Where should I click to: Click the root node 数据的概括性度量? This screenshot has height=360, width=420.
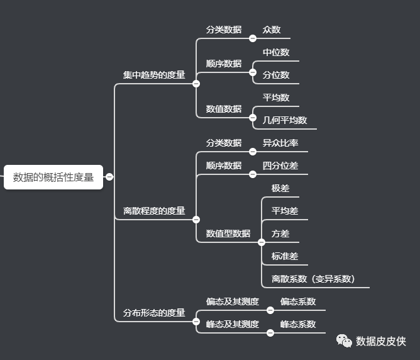pyautogui.click(x=53, y=177)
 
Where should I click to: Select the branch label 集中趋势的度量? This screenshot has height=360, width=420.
pyautogui.click(x=154, y=75)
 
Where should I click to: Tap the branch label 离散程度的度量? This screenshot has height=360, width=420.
pyautogui.click(x=154, y=211)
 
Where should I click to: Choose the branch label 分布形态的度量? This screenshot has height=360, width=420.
pyautogui.click(x=154, y=313)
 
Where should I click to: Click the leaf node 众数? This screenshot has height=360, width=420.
pyautogui.click(x=272, y=30)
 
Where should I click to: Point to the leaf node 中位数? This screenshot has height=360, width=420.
pyautogui.click(x=276, y=52)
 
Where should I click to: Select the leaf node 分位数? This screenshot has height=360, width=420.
pyautogui.click(x=276, y=75)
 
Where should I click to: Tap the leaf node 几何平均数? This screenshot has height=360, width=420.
pyautogui.click(x=285, y=120)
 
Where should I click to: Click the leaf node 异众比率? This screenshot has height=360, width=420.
pyautogui.click(x=280, y=143)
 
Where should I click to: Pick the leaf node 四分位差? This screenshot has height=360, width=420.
pyautogui.click(x=280, y=166)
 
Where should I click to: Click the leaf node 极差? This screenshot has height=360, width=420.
pyautogui.click(x=280, y=188)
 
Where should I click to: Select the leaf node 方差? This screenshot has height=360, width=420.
pyautogui.click(x=280, y=233)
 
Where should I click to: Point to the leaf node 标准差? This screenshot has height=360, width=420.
pyautogui.click(x=285, y=256)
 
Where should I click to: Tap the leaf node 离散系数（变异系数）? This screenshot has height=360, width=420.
pyautogui.click(x=313, y=279)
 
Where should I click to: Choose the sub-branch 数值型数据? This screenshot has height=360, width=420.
pyautogui.click(x=228, y=233)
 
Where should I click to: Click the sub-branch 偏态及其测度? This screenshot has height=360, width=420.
pyautogui.click(x=233, y=301)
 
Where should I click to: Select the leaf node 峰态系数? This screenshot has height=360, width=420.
pyautogui.click(x=298, y=324)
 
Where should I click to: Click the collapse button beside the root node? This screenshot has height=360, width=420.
pyautogui.click(x=109, y=177)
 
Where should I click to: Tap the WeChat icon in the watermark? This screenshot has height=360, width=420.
pyautogui.click(x=344, y=340)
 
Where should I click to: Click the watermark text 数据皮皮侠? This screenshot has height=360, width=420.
pyautogui.click(x=381, y=341)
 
